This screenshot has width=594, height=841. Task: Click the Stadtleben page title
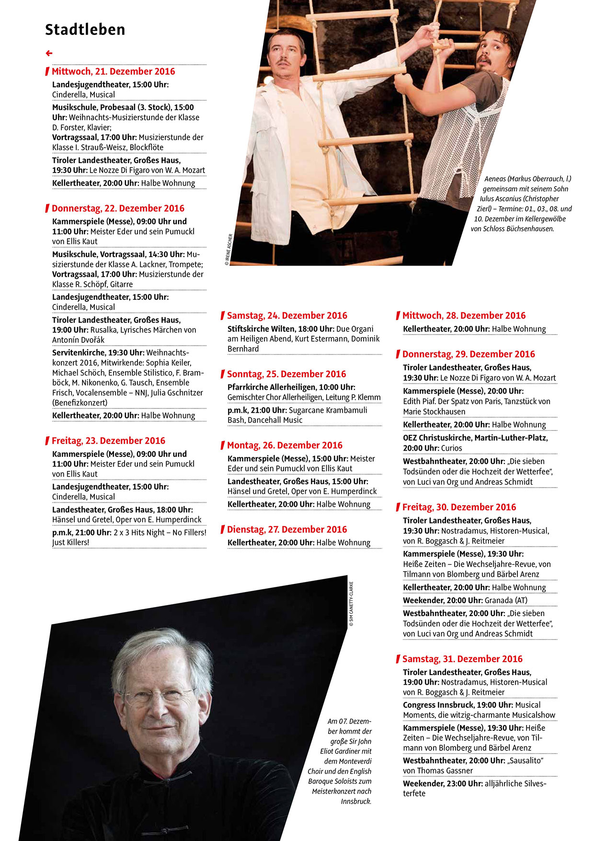[85, 30]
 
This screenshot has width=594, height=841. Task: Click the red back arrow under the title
[49, 53]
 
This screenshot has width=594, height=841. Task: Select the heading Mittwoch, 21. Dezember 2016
[113, 71]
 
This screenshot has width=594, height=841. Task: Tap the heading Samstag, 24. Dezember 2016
[287, 315]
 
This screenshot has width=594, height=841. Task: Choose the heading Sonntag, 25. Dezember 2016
[286, 374]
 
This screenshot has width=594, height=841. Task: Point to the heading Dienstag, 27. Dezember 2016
[286, 529]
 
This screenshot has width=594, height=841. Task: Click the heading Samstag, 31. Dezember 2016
[462, 659]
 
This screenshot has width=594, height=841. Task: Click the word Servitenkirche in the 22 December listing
[79, 352]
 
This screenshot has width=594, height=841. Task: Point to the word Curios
[452, 448]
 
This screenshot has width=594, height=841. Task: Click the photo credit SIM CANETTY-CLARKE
[351, 604]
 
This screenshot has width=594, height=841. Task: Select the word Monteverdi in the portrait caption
[355, 761]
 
